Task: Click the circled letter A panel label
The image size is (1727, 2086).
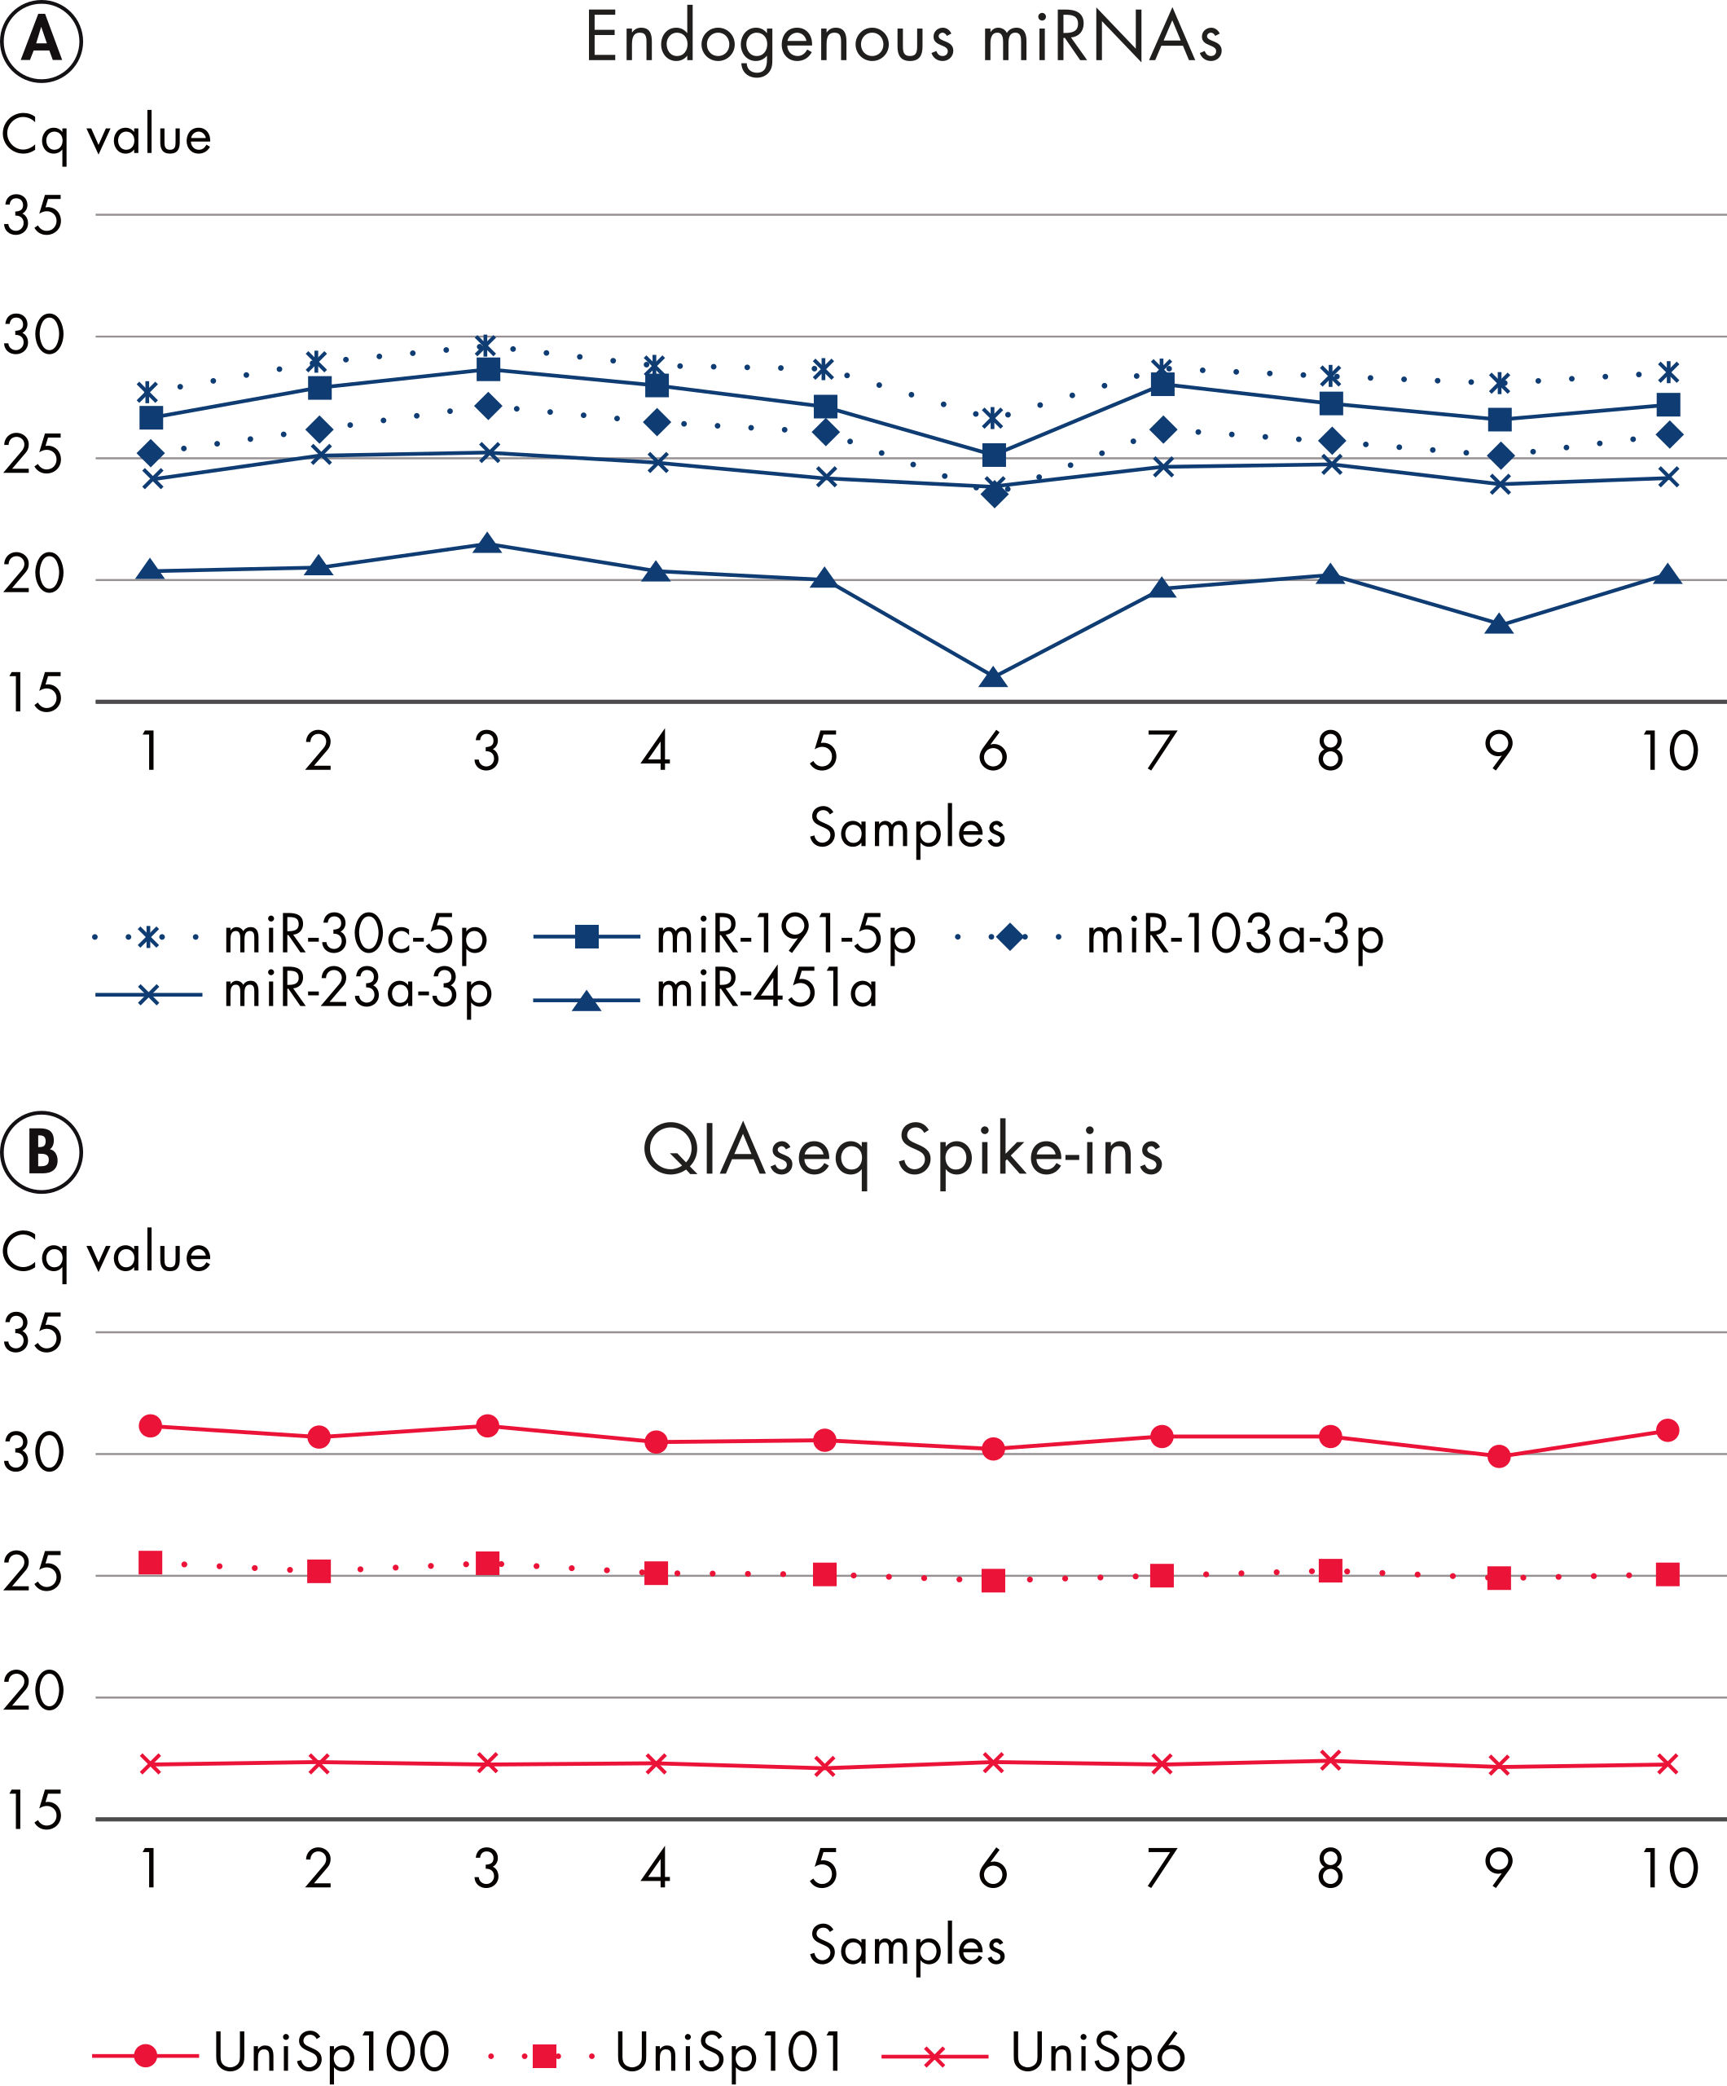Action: (x=42, y=41)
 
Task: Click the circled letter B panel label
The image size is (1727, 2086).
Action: (x=42, y=1152)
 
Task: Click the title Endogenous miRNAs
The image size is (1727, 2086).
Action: (x=903, y=40)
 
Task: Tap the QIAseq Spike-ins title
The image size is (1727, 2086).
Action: (x=903, y=1152)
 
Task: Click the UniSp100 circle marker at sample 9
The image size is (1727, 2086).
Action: (x=1500, y=1456)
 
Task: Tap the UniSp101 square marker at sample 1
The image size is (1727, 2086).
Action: (x=150, y=1563)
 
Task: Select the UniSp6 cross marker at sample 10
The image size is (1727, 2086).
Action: (x=1668, y=1764)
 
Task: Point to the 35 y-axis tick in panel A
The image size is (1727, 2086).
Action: (x=33, y=216)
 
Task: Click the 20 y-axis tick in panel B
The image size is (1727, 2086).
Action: (x=33, y=1692)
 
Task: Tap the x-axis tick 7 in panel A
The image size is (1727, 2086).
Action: (x=1161, y=752)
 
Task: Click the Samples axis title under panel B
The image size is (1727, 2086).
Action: (x=907, y=1945)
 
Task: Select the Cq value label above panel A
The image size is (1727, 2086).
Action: (x=108, y=137)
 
